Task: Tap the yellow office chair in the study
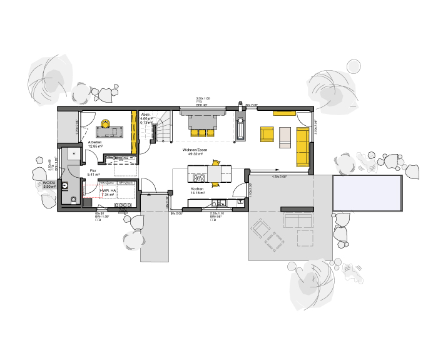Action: (x=106, y=123)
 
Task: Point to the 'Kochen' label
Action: (x=198, y=189)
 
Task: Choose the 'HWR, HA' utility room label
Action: (x=109, y=191)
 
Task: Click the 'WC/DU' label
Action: (x=49, y=183)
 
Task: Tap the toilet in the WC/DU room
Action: (x=74, y=200)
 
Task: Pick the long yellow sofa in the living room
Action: (x=302, y=144)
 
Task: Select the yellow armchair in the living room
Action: (x=268, y=136)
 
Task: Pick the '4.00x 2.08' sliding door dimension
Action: (x=279, y=177)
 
